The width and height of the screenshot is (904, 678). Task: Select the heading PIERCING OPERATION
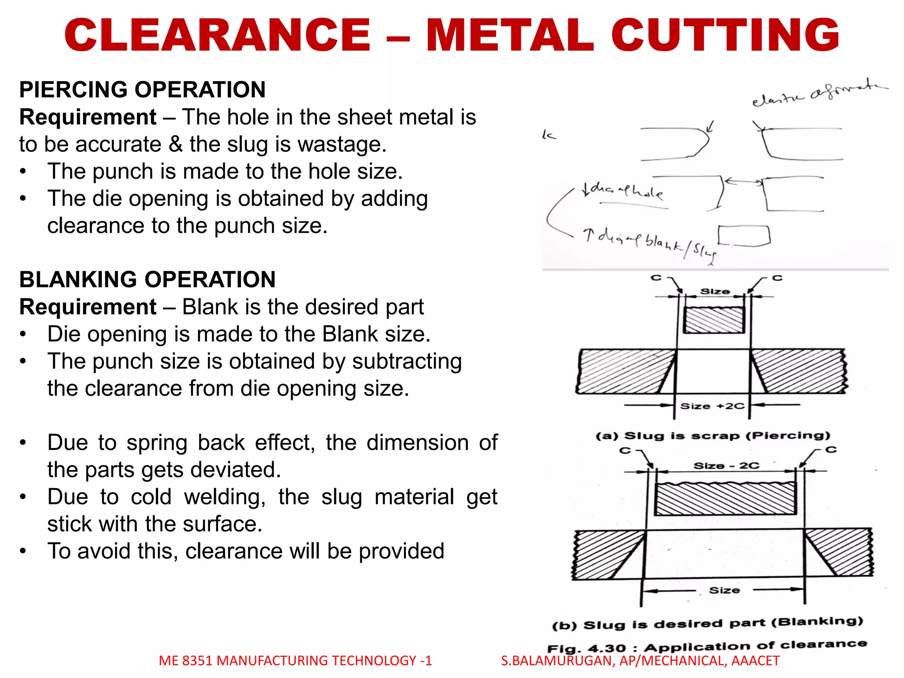point(142,90)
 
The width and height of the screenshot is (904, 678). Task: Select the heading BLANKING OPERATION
point(147,279)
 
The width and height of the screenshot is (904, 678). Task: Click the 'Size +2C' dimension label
point(712,406)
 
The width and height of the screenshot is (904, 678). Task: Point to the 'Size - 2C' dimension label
point(726,466)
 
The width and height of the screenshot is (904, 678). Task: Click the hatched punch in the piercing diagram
point(714,320)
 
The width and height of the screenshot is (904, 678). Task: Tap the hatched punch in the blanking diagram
point(725,499)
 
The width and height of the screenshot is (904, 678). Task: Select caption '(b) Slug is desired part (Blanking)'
point(708,623)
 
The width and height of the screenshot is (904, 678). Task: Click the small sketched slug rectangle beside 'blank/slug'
point(744,235)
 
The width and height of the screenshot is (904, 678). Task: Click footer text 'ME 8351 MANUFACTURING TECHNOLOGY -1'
point(295,661)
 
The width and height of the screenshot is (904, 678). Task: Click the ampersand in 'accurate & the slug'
point(176,145)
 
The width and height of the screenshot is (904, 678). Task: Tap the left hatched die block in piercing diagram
point(625,371)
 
